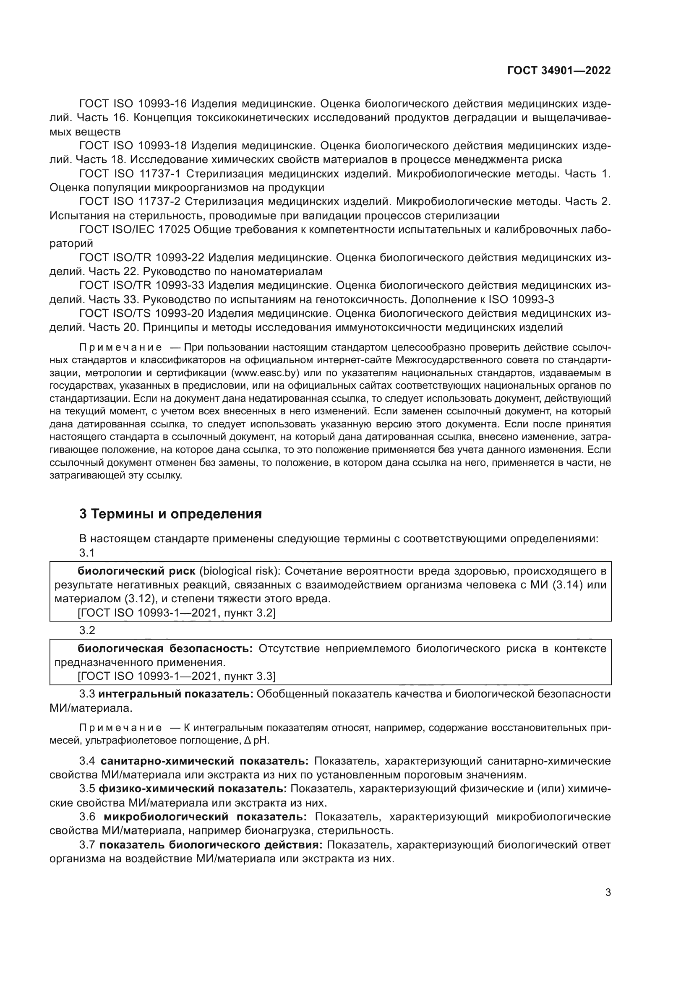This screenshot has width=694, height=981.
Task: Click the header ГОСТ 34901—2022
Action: click(x=559, y=70)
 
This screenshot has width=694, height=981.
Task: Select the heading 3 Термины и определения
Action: click(x=170, y=514)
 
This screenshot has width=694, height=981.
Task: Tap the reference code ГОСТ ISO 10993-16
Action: click(x=133, y=104)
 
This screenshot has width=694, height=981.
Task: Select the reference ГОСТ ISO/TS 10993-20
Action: click(x=141, y=314)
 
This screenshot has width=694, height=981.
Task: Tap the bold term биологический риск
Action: click(x=136, y=571)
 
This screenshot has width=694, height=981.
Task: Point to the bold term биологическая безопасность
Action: click(x=165, y=648)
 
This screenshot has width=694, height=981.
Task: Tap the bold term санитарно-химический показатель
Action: click(x=205, y=761)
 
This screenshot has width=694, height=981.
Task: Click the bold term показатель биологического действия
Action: click(x=211, y=845)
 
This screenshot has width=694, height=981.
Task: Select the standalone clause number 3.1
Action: click(x=87, y=553)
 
